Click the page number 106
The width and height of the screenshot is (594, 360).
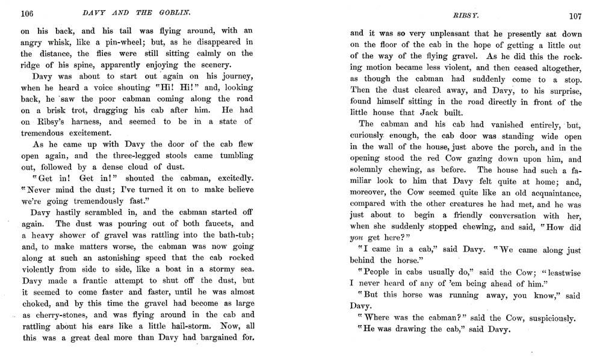point(26,14)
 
